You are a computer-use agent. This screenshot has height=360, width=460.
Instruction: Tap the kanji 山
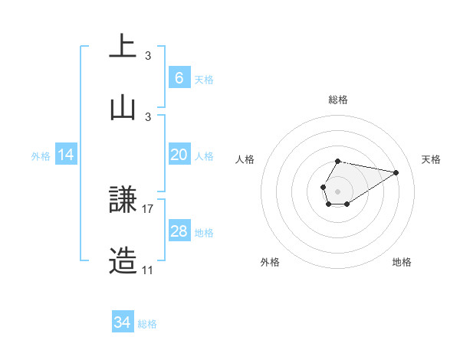pyautogui.click(x=123, y=108)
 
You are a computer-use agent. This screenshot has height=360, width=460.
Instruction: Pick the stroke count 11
pyautogui.click(x=147, y=270)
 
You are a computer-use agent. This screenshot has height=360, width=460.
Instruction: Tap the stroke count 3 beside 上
pyautogui.click(x=148, y=55)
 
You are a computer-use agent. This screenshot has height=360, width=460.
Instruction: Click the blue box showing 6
pyautogui.click(x=179, y=78)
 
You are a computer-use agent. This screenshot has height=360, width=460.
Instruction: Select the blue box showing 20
pyautogui.click(x=179, y=155)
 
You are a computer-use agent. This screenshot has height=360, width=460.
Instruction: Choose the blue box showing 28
pyautogui.click(x=179, y=231)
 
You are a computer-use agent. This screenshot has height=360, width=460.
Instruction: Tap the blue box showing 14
pyautogui.click(x=66, y=155)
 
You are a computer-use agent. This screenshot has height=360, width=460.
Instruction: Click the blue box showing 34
pyautogui.click(x=123, y=322)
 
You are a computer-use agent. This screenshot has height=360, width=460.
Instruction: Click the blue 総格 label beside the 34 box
pyautogui.click(x=147, y=324)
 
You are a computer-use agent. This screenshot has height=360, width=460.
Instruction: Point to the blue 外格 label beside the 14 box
pyautogui.click(x=41, y=156)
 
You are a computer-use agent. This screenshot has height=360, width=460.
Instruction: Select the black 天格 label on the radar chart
pyautogui.click(x=431, y=159)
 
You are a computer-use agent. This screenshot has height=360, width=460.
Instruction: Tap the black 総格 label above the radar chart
pyautogui.click(x=337, y=100)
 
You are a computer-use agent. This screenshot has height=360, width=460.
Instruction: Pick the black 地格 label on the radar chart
pyautogui.click(x=402, y=262)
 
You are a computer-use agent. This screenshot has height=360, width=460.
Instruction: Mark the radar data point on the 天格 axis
pyautogui.click(x=396, y=172)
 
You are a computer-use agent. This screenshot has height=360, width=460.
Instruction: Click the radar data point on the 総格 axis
pyautogui.click(x=337, y=162)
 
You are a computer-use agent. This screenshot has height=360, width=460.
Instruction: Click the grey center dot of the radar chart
pyautogui.click(x=337, y=190)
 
